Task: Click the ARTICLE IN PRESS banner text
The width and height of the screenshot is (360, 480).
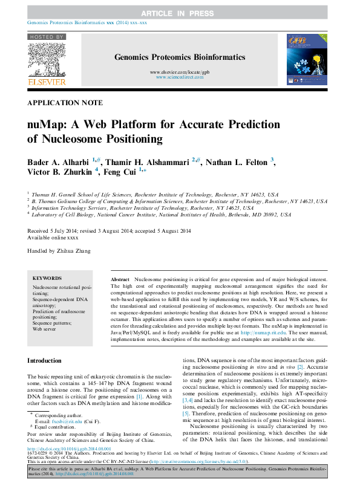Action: coord(180,13)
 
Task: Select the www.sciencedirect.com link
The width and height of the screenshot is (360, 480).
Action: coord(179,78)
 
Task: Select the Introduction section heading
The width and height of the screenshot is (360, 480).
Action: coord(47,361)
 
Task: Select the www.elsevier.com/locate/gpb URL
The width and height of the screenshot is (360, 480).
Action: coord(179,72)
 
